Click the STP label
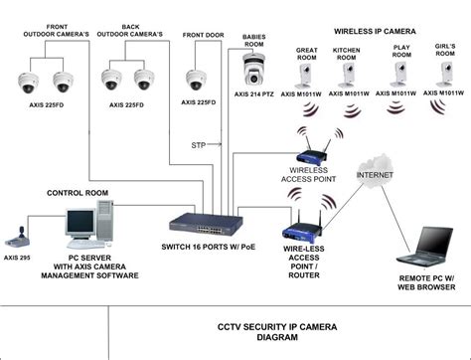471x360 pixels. (199, 146)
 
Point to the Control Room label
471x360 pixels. (78, 192)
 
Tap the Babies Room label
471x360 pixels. (254, 40)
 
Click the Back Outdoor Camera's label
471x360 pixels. (130, 32)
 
